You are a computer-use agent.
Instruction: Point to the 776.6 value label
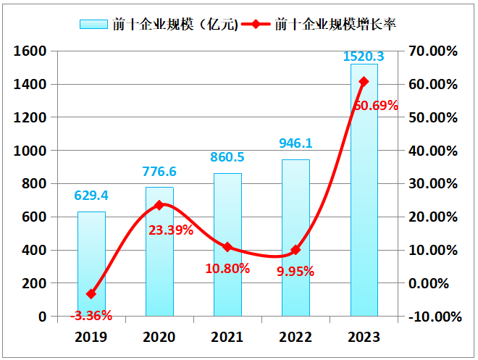click(x=159, y=172)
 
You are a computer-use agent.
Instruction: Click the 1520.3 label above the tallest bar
click(x=364, y=56)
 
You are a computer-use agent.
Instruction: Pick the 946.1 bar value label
click(x=295, y=144)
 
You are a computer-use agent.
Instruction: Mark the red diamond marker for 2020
click(x=160, y=205)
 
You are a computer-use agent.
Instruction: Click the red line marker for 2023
click(x=364, y=82)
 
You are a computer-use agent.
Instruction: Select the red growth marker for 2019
click(x=91, y=294)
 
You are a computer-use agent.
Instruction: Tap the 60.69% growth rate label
click(x=376, y=106)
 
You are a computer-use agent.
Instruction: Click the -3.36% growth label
click(x=91, y=315)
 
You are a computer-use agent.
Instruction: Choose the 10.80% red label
click(x=228, y=268)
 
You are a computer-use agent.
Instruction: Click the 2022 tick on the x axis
click(x=295, y=337)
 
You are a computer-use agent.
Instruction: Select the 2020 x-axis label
click(x=159, y=337)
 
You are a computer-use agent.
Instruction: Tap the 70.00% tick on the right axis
click(x=434, y=51)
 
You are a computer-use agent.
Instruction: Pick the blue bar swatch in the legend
click(x=93, y=25)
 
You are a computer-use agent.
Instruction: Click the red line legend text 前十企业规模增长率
click(x=335, y=25)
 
